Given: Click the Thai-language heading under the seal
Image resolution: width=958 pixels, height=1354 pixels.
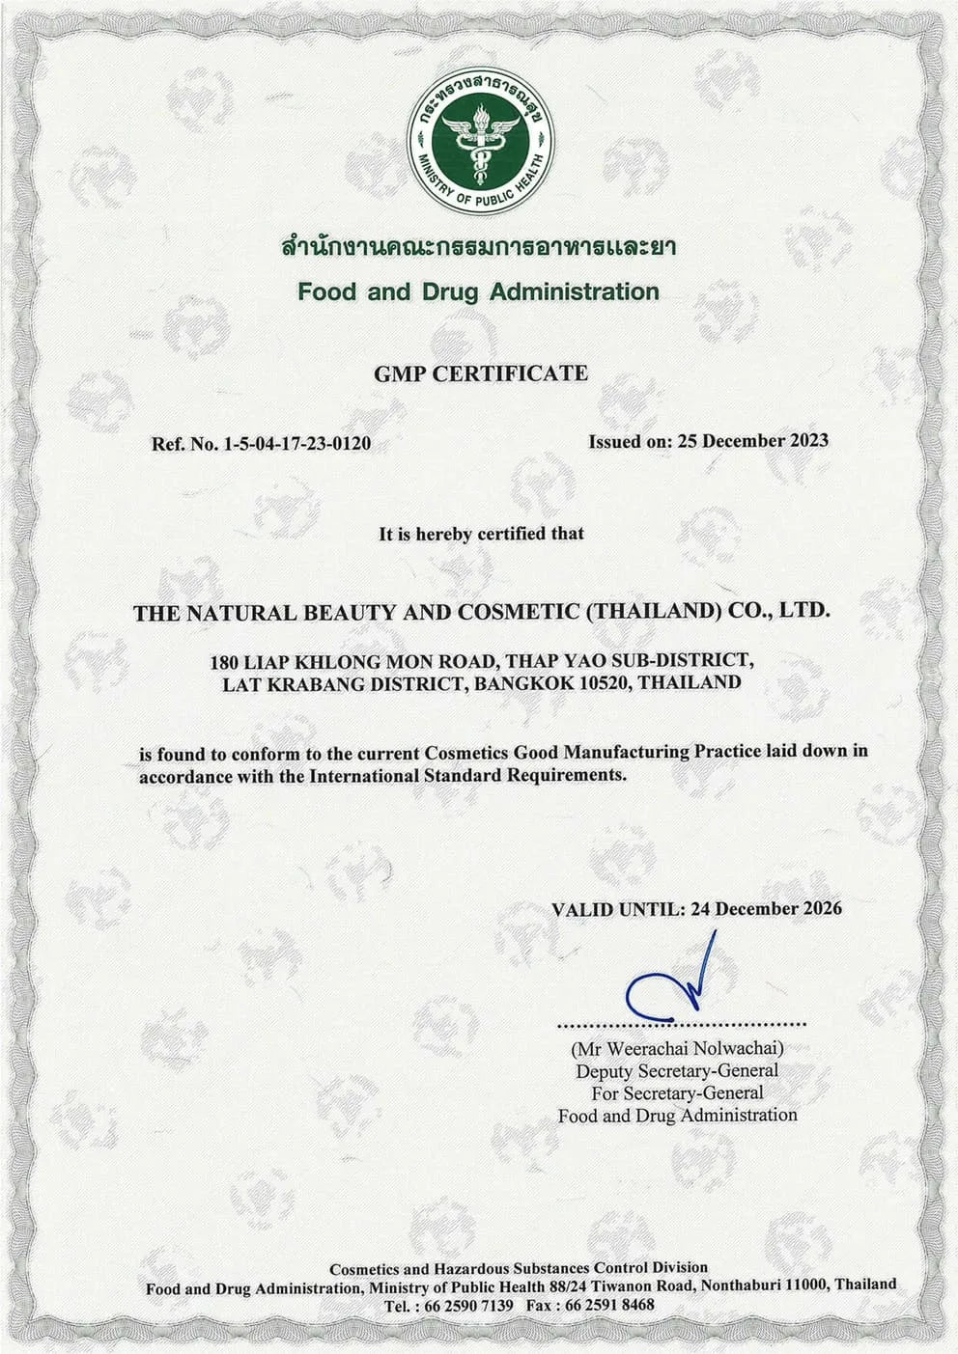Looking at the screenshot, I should pos(479,247).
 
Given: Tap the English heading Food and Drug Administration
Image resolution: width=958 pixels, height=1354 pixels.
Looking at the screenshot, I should pos(479,291).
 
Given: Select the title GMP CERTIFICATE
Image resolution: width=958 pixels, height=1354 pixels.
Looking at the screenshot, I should pos(480,373).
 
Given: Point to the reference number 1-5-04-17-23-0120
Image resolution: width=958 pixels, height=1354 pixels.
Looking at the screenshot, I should pos(296,444).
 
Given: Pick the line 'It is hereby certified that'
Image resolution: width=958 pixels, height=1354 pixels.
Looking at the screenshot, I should pos(480,533).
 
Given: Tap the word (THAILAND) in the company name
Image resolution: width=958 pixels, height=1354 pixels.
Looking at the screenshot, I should pos(655,611).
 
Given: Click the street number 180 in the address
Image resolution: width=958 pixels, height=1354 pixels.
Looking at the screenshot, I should pos(225,662).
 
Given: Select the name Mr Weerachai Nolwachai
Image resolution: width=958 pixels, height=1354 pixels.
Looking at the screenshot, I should pos(677,1047).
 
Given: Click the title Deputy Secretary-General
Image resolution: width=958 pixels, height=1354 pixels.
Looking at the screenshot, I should pos(677,1070).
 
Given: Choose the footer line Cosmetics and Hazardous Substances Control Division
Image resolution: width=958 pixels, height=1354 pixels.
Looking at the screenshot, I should pos(519,1267).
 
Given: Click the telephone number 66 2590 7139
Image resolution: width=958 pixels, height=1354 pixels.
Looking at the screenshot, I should pos(459,1305).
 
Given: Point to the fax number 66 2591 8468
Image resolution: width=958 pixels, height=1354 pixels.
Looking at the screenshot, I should pos(611,1305).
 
